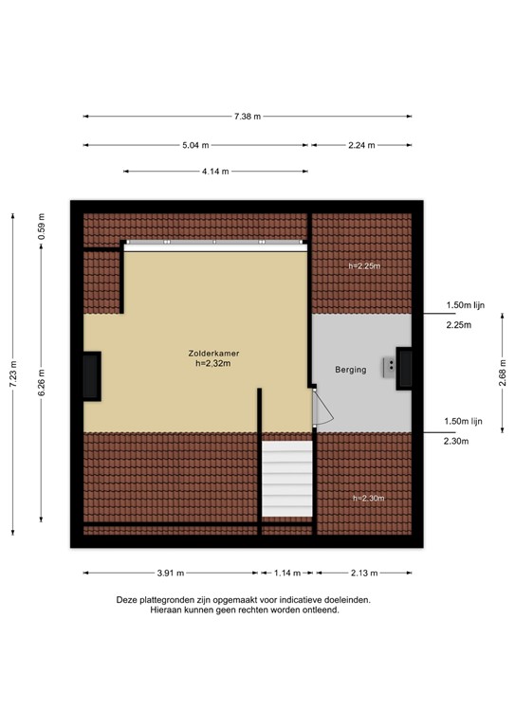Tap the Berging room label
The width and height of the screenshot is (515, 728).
[x=350, y=370]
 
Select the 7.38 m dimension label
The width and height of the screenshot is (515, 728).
[x=248, y=117]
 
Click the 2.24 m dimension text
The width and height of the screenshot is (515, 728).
[x=362, y=145]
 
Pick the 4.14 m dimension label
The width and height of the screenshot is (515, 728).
[x=214, y=172]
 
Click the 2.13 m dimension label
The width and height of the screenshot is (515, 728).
[x=363, y=573]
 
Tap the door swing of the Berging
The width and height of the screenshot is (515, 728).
[x=322, y=409]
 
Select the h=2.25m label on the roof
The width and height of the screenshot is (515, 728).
[x=363, y=266]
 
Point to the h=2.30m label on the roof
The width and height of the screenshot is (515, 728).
[x=368, y=499]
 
